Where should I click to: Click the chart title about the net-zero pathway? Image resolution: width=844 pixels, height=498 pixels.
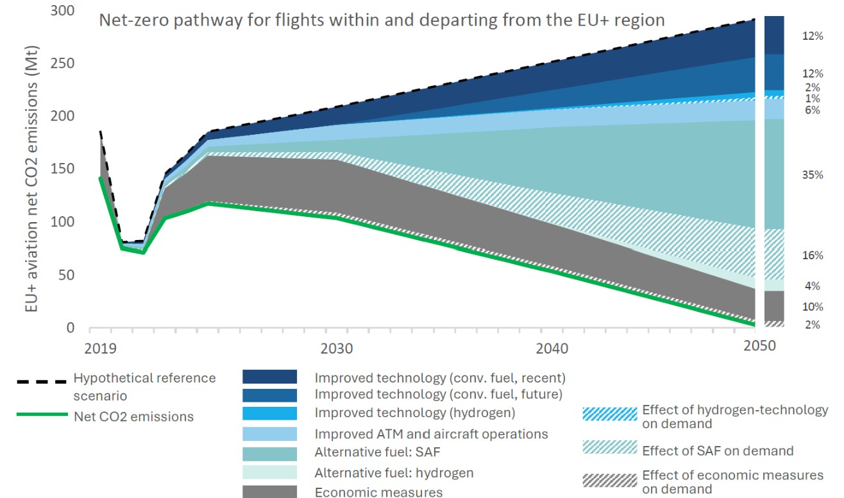click(381, 20)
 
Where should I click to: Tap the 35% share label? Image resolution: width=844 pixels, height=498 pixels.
click(812, 175)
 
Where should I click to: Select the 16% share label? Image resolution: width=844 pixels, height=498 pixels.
click(812, 255)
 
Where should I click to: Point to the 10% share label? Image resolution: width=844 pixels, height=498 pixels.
click(812, 307)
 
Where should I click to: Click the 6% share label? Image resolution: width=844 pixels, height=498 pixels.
click(813, 110)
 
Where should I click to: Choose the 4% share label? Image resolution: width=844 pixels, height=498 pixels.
click(813, 286)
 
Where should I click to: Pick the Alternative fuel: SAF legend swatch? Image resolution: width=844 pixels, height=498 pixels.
click(269, 454)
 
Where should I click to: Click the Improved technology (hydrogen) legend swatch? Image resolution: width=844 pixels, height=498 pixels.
click(269, 414)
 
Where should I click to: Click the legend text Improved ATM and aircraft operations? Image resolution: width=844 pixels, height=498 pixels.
click(431, 434)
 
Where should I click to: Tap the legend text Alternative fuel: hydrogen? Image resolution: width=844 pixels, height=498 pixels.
click(394, 473)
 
